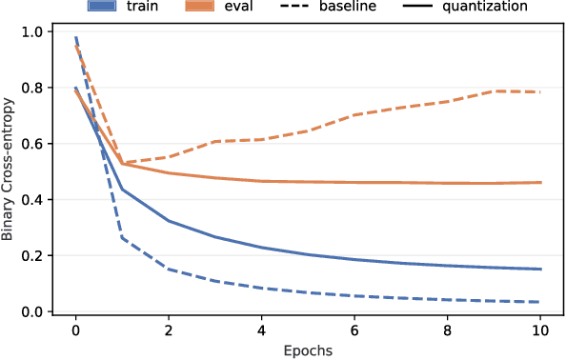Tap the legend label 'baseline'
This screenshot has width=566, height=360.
point(374,5)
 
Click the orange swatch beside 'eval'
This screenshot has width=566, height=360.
point(212,5)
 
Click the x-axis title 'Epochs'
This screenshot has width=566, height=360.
point(308,350)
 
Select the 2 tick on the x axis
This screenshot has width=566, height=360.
point(169,330)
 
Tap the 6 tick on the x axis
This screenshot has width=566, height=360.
point(354,330)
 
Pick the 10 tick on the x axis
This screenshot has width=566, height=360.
point(540,330)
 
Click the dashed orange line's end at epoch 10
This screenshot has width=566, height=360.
point(540,92)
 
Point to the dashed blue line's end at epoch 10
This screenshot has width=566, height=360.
point(540,302)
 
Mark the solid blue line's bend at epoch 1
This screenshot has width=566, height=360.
point(122,190)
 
